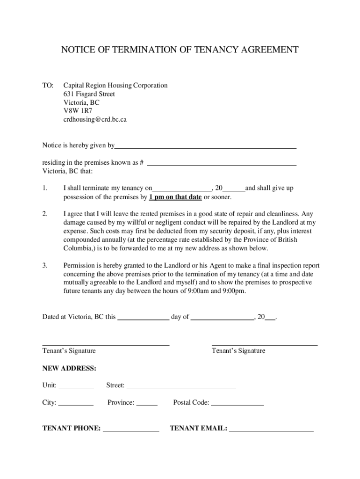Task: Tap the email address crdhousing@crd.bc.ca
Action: [95, 119]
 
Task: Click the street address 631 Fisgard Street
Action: [89, 94]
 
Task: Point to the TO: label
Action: [48, 86]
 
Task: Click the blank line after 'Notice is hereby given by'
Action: [206, 146]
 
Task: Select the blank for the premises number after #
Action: [222, 163]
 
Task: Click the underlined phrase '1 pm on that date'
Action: [175, 197]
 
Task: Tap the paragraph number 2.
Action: [44, 214]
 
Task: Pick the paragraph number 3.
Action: [44, 266]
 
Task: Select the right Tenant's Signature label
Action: [238, 351]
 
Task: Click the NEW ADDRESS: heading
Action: [69, 369]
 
